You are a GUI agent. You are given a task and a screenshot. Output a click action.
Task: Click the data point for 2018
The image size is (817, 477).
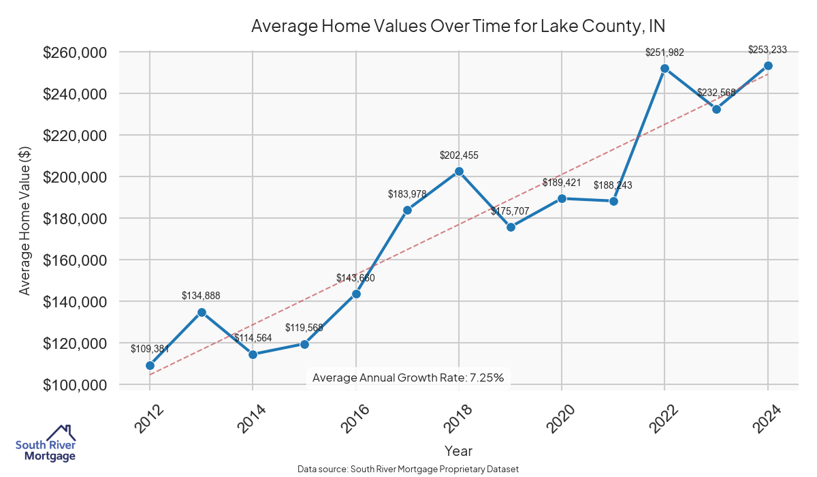(459, 171)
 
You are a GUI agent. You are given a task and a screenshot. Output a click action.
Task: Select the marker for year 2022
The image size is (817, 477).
(664, 68)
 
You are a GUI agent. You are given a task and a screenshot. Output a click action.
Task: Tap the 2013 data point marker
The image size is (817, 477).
(202, 312)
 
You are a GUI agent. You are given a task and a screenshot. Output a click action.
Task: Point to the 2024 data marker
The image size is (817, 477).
(768, 65)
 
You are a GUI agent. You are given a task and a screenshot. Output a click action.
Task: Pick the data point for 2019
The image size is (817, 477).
(511, 227)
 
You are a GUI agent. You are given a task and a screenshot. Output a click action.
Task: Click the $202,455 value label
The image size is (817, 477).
(459, 155)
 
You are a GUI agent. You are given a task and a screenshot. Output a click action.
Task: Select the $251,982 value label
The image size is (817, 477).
(664, 52)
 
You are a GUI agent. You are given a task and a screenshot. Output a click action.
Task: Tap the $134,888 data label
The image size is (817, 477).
(201, 296)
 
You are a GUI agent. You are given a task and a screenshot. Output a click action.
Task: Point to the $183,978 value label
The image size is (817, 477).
(407, 194)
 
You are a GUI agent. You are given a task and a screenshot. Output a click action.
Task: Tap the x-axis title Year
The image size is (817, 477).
(458, 450)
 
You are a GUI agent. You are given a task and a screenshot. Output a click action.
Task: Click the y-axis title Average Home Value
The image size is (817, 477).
(25, 219)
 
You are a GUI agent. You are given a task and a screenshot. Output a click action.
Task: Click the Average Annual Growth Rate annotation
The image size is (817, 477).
(408, 378)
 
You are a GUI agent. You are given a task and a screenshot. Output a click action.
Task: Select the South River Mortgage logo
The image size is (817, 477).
(46, 444)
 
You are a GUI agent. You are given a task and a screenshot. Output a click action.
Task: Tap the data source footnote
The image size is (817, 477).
(408, 470)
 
